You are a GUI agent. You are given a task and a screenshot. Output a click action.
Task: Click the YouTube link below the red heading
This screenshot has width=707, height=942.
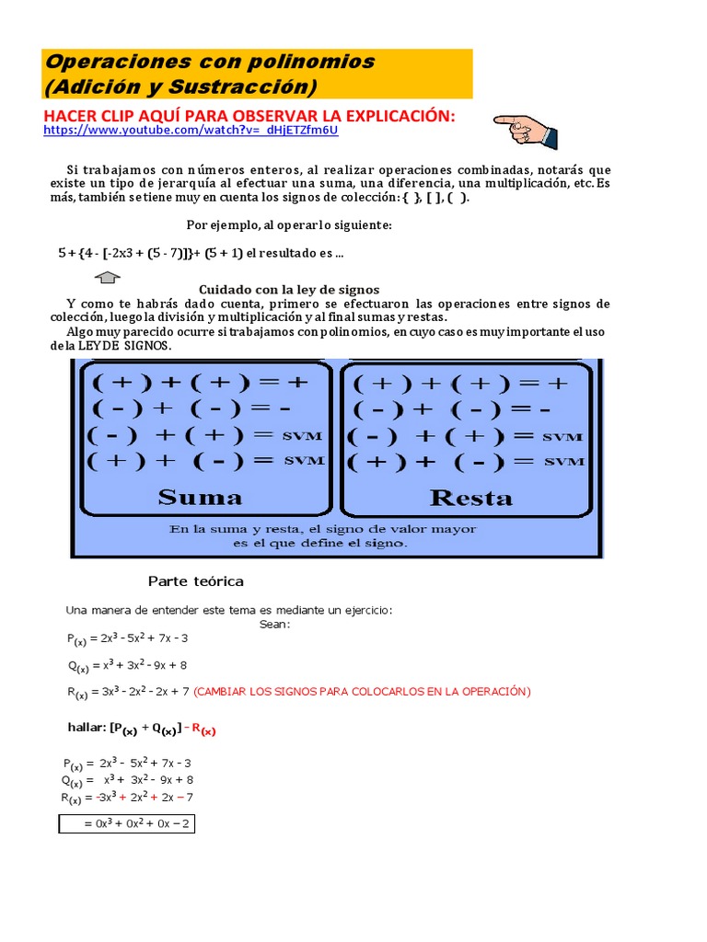point(191,131)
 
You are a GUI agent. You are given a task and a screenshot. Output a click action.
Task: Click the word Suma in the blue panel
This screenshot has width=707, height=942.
point(200,498)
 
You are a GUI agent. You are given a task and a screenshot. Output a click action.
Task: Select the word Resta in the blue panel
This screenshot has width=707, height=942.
point(470,498)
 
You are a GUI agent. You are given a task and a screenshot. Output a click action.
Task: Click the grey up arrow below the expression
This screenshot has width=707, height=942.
point(108,277)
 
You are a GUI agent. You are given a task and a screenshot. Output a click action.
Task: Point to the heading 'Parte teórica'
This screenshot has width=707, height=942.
point(196,581)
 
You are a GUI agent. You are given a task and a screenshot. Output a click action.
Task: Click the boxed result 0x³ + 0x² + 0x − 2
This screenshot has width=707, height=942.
point(127,823)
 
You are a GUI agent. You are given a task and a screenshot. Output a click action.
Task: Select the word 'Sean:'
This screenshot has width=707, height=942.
point(274,624)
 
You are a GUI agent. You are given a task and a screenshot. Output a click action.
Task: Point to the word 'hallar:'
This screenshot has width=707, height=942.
point(87,727)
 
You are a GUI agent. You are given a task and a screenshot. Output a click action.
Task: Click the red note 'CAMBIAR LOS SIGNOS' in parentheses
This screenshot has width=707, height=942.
point(362,691)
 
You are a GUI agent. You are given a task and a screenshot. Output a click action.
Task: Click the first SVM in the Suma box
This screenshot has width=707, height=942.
point(304,435)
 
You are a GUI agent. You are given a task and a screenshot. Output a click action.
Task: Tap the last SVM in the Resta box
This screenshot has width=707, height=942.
point(562,461)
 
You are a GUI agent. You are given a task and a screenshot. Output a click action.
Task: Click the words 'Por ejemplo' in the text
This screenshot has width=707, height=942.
point(220,224)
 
